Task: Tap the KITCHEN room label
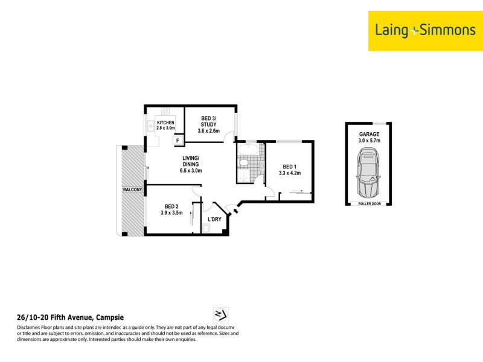click(x=165, y=123)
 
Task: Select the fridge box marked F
click(x=178, y=141)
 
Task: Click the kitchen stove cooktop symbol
click(x=165, y=111)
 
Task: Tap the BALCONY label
click(x=132, y=190)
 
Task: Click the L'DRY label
click(x=214, y=219)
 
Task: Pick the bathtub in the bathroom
click(x=248, y=148)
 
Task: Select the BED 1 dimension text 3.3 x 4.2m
click(x=289, y=173)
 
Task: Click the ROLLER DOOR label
click(x=369, y=204)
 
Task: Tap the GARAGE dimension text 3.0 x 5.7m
click(x=369, y=141)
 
